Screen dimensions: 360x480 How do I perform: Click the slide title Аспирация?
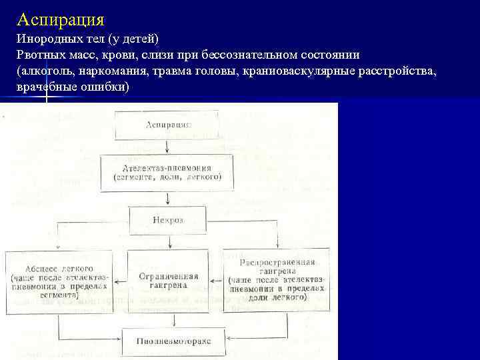tap(61, 17)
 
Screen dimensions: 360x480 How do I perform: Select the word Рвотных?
tap(40, 55)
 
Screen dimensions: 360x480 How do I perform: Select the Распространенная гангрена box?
tap(275, 279)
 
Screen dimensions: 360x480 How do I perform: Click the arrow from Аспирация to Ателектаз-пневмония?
tap(168, 147)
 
